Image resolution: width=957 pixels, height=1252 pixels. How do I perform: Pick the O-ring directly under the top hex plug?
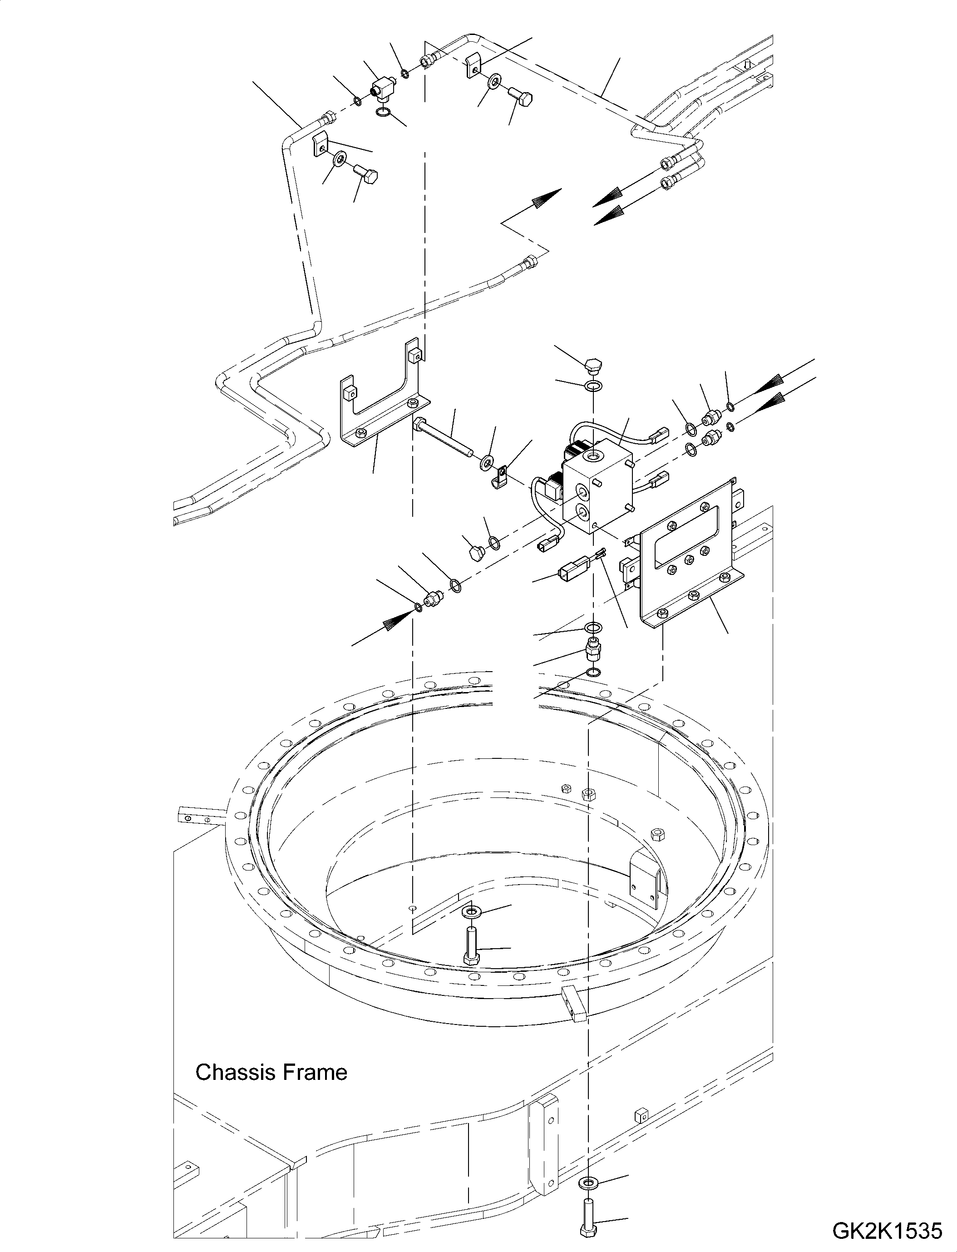click(x=594, y=387)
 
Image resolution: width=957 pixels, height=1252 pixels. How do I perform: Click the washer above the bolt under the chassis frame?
click(x=587, y=1180)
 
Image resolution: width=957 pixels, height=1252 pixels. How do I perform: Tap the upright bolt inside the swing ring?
click(x=471, y=946)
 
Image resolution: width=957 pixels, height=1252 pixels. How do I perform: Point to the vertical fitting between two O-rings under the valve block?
click(x=593, y=650)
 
